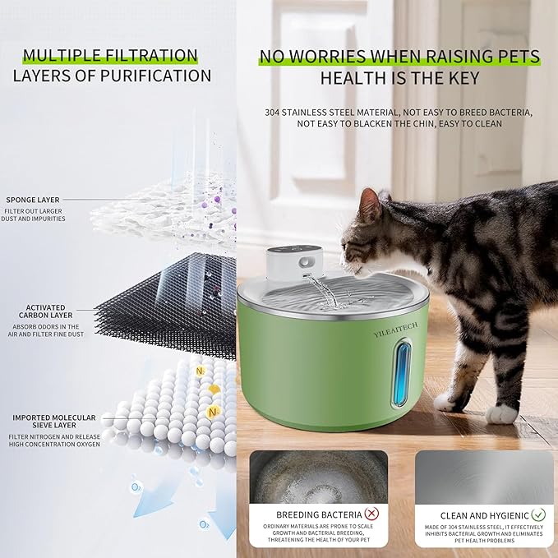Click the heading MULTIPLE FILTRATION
pyautogui.click(x=110, y=56)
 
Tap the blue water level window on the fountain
pyautogui.click(x=400, y=373)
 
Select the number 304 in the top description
pyautogui.click(x=274, y=112)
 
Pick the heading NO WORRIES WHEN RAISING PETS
pyautogui.click(x=399, y=57)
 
